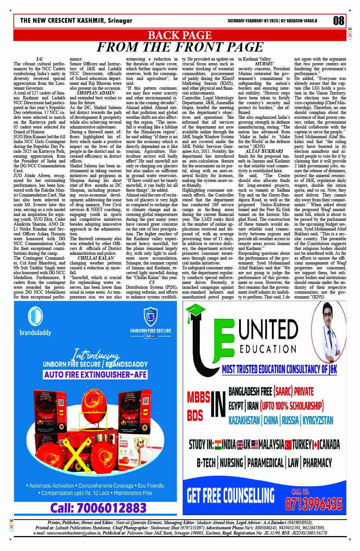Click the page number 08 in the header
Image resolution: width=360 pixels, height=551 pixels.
tap(338, 21)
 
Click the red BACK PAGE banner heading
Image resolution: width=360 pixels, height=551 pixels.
tap(180, 35)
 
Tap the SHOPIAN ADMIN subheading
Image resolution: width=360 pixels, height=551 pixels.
tap(96, 93)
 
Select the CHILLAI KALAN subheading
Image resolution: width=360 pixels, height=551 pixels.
tap(96, 258)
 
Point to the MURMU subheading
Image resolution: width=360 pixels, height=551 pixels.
tap(264, 64)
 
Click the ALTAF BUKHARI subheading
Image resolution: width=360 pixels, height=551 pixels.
tap(264, 151)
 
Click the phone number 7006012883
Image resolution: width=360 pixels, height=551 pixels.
tap(98, 508)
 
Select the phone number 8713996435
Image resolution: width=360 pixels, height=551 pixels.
tap(313, 504)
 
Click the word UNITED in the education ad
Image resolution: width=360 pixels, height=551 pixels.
tap(268, 330)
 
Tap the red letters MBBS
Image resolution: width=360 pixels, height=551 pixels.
tap(198, 397)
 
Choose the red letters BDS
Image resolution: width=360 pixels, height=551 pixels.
tap(195, 415)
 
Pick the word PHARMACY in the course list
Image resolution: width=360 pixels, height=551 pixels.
tap(317, 463)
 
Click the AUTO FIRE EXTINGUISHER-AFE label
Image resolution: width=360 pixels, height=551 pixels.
tap(95, 374)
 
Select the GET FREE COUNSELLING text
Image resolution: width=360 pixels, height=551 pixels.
tap(230, 496)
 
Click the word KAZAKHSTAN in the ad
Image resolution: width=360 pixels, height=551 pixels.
tap(244, 421)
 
